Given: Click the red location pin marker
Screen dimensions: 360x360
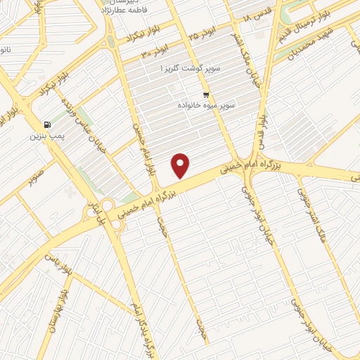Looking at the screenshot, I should tap(181, 165).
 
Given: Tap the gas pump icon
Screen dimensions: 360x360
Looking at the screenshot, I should tap(46, 123).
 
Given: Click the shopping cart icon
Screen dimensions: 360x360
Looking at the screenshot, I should tap(205, 94).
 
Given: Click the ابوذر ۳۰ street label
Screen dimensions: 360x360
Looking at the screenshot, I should tap(155, 51).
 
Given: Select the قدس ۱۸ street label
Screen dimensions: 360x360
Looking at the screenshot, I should tap(257, 16).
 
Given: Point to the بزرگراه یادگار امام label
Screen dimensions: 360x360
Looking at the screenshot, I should tap(140, 330).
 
